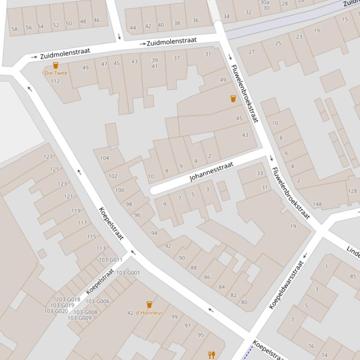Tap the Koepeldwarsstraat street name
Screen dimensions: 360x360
pyautogui.click(x=287, y=285)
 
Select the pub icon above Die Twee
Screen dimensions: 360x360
pyautogui.click(x=56, y=65)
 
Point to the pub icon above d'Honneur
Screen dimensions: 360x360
pyautogui.click(x=149, y=305)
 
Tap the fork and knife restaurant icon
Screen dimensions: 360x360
pyautogui.click(x=212, y=355)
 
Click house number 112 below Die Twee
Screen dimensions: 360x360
pyautogui.click(x=55, y=81)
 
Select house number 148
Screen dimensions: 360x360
pyautogui.click(x=317, y=204)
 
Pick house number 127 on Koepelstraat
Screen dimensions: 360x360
pyautogui.click(x=48, y=157)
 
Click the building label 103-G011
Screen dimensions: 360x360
pyautogui.click(x=110, y=260)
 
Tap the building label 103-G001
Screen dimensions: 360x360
pyautogui.click(x=128, y=273)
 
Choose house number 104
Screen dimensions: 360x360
pyautogui.click(x=104, y=158)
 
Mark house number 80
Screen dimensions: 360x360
pyautogui.click(x=244, y=302)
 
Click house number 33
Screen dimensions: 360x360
pyautogui.click(x=260, y=173)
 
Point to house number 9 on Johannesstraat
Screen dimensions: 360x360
pyautogui.click(x=164, y=204)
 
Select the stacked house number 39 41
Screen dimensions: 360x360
pyautogui.click(x=154, y=64)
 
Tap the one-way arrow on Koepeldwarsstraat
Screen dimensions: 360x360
pyautogui.click(x=305, y=255)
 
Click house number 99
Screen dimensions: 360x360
pyautogui.click(x=175, y=317)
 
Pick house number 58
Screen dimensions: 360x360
pyautogui.click(x=15, y=29)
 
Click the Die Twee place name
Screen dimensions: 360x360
pyautogui.click(x=56, y=73)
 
